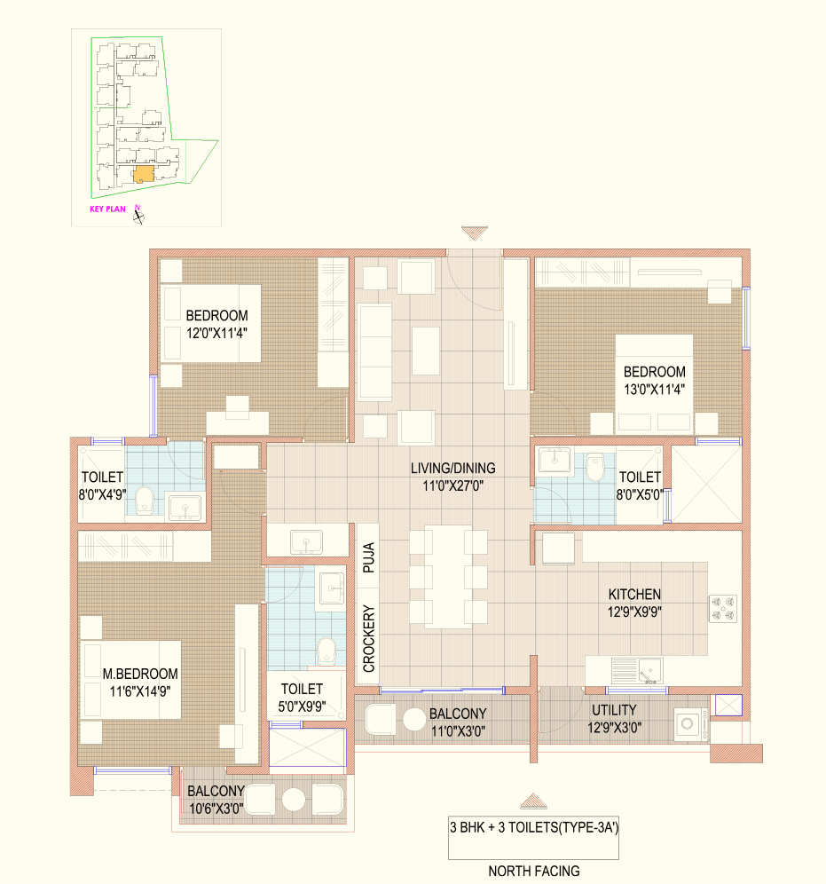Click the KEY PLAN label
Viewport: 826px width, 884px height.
(x=107, y=209)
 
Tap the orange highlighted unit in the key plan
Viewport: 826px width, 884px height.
(x=144, y=174)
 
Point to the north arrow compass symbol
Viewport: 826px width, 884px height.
(x=138, y=215)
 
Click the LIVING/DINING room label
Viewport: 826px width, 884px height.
(x=453, y=468)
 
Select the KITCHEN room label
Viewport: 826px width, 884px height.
(x=634, y=595)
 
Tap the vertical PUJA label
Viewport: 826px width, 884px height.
(x=368, y=557)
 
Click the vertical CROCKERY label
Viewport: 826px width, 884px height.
(x=368, y=639)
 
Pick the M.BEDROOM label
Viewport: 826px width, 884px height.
(x=140, y=674)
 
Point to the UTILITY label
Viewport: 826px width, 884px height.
(x=614, y=710)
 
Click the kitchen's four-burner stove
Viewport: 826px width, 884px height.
(x=723, y=609)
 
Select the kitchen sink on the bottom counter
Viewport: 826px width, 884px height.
(x=649, y=671)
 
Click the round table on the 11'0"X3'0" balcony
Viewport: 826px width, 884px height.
(x=414, y=720)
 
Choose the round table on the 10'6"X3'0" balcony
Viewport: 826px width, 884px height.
(x=294, y=800)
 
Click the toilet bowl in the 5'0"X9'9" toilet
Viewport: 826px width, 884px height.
(x=326, y=651)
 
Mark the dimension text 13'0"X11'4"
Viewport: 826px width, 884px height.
(x=654, y=389)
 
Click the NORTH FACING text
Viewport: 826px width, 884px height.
(x=533, y=871)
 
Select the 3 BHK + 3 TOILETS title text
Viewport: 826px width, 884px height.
(x=534, y=827)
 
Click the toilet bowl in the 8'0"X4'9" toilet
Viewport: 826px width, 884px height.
(x=145, y=500)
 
